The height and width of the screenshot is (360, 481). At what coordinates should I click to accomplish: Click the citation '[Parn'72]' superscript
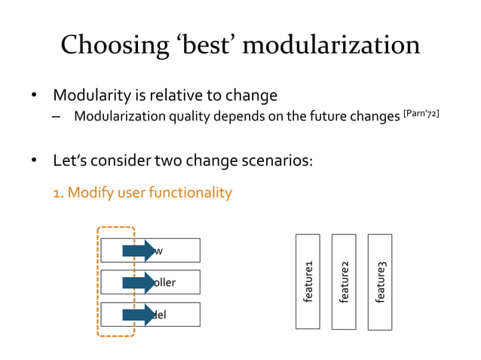421,113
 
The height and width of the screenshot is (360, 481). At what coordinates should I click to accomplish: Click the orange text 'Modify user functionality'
149,193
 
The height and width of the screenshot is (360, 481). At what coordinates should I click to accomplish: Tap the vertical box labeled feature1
308,282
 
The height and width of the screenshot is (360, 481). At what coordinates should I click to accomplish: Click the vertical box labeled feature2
344,282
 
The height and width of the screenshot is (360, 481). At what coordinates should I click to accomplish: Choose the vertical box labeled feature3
380,282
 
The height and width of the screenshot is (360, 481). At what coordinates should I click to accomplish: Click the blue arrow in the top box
139,250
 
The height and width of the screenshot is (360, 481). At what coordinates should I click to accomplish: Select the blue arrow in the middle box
139,282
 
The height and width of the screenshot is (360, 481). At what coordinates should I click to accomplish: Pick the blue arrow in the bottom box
139,314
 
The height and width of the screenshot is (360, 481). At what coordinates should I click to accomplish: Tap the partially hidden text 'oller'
165,282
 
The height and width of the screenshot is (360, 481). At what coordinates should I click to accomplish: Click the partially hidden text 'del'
161,314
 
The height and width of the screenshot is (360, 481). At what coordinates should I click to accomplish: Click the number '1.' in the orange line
58,193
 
